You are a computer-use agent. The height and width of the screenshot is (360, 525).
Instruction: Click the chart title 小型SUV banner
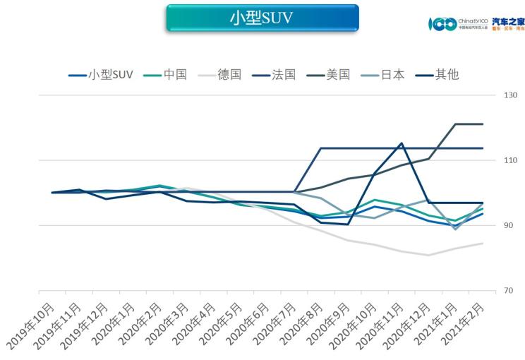tap(262, 18)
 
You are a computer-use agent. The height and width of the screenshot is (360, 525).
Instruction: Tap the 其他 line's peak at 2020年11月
tap(402, 143)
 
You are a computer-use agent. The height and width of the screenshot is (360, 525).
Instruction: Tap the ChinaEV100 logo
tap(458, 23)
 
